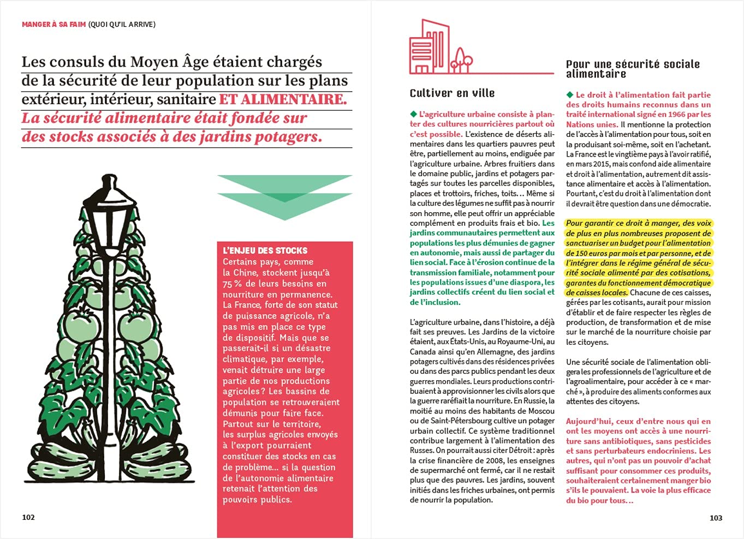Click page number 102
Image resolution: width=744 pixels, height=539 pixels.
pos(28,517)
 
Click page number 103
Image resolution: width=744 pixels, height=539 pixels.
pos(716,518)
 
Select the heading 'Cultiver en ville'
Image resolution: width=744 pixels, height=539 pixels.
pos(452,93)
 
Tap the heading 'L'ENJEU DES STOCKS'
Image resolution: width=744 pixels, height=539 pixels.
pos(265,250)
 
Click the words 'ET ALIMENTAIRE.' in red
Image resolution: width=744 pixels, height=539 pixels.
pos(283,99)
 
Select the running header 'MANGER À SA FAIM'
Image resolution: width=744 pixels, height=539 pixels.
pos(53,24)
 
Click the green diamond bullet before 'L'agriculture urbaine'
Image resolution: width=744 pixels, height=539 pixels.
pos(413,114)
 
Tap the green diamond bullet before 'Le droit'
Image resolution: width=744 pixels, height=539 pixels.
pos(570,95)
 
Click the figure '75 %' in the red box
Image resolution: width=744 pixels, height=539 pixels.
pos(233,284)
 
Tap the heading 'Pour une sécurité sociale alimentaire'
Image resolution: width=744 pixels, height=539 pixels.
pos(632,69)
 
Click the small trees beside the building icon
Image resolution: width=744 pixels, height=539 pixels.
pos(462,60)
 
